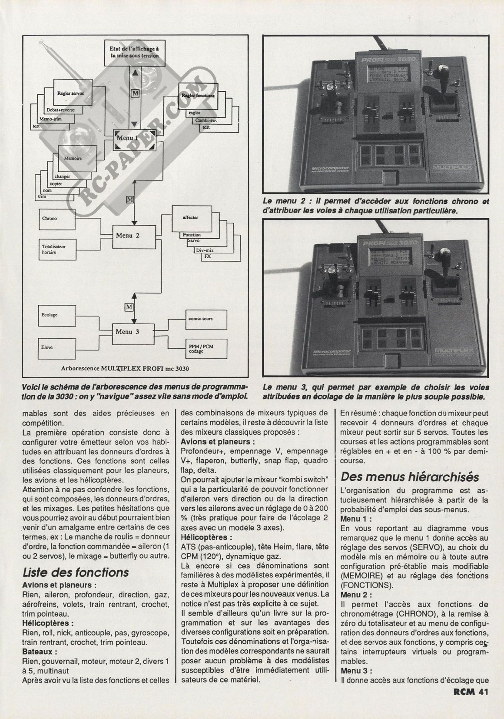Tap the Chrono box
pos(57,218)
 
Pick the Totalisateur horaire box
pos(57,249)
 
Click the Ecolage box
pos(57,315)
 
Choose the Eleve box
pos(57,348)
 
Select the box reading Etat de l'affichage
pos(134,53)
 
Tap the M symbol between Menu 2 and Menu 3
pos(129,307)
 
